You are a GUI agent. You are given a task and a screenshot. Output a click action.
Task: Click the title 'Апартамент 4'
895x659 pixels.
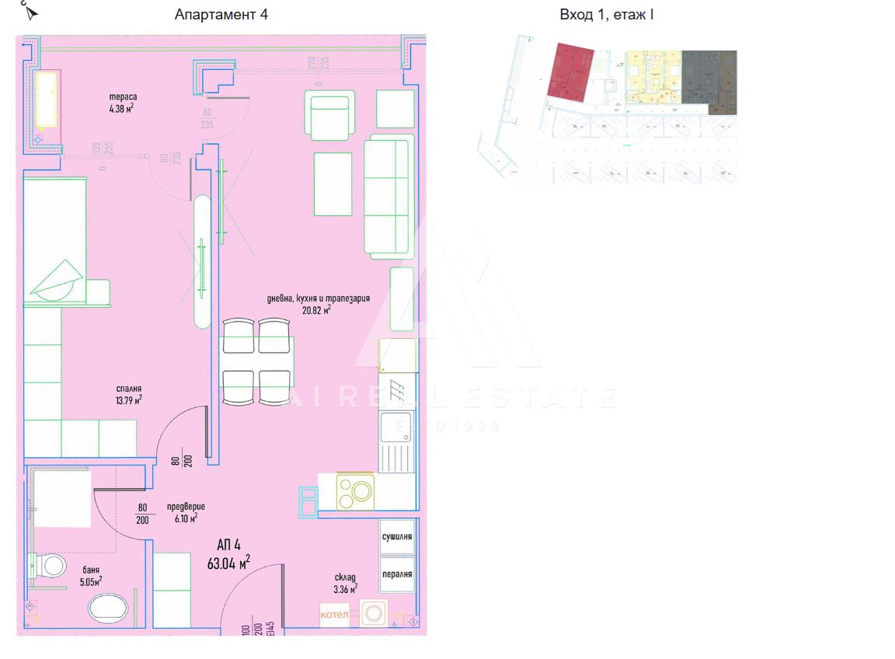(221, 15)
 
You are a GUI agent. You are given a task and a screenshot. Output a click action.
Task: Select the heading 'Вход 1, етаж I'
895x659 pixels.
(606, 15)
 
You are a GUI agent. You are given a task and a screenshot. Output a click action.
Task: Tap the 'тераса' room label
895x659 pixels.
(123, 97)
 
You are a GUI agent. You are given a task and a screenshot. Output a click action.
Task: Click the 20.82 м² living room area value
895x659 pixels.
(316, 309)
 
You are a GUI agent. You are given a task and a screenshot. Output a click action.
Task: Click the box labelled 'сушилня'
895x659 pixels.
(396, 537)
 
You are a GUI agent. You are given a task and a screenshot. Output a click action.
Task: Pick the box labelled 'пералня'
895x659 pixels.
(396, 575)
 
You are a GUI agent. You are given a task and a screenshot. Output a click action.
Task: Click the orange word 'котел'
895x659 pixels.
(336, 615)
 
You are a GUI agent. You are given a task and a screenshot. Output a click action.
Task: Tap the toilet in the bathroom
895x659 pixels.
(50, 565)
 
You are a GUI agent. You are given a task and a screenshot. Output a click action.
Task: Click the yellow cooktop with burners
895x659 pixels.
(355, 491)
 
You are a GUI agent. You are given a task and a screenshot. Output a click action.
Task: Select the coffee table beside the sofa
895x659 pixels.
(333, 184)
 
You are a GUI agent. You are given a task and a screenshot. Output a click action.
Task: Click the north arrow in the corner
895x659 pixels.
(30, 12)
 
